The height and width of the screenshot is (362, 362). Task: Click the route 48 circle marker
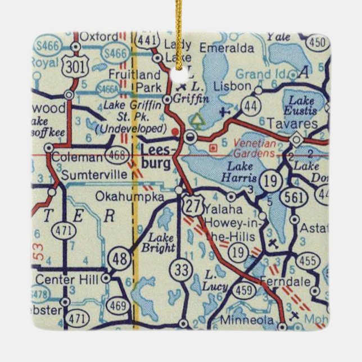pyautogui.click(x=123, y=259)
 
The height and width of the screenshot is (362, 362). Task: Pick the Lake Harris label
pyautogui.click(x=242, y=171)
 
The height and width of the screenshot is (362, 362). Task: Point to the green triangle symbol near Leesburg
pyautogui.click(x=197, y=119)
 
